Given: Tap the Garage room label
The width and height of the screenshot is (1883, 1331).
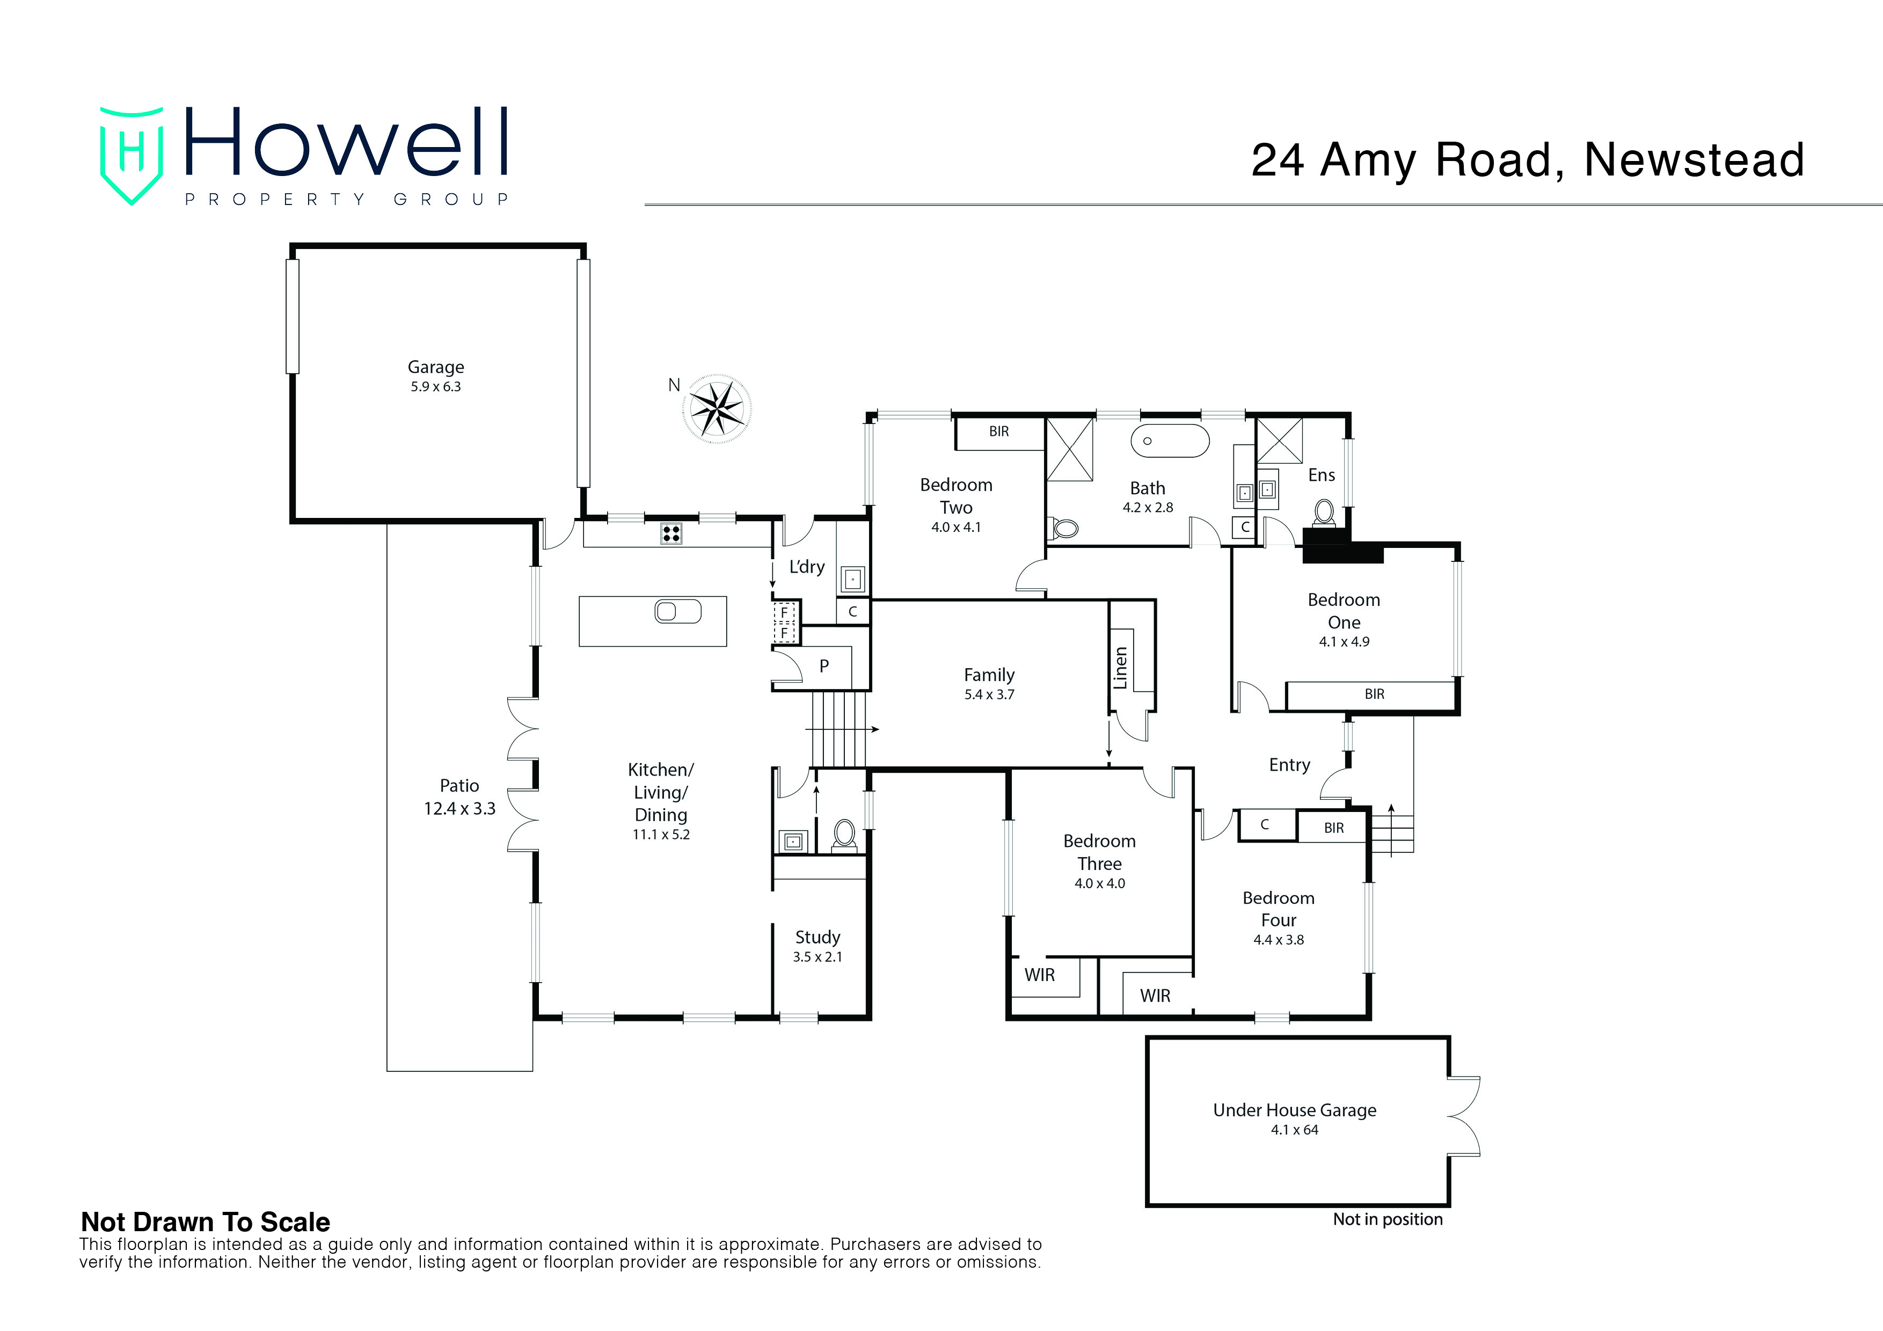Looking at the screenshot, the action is click(435, 368).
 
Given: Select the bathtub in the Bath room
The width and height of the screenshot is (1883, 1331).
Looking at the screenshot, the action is click(1170, 441).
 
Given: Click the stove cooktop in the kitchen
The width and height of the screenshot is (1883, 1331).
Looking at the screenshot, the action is click(671, 534).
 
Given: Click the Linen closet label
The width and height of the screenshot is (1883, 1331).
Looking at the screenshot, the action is click(1120, 668).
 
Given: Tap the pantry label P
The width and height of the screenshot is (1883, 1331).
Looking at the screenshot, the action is click(824, 667).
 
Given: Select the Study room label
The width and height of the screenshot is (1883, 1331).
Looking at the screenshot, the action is click(818, 938).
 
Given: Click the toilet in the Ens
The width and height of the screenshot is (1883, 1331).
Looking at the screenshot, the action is click(1323, 514).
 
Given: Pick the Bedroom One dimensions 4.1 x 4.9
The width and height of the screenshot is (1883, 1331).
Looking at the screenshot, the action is click(1344, 642).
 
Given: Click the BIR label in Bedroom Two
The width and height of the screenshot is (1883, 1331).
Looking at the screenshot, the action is click(999, 432).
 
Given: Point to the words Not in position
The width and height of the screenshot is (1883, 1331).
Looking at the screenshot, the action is click(1388, 1219).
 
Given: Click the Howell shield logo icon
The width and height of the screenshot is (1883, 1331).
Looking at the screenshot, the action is click(131, 155).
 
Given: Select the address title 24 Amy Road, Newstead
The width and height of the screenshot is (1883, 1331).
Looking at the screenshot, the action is click(1528, 160).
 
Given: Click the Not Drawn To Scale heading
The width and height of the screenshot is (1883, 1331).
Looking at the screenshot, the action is click(206, 1222).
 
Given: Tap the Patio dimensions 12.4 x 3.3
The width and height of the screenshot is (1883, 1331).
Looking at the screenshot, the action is click(459, 809).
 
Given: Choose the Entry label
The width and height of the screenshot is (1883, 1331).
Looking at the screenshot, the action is click(1289, 765).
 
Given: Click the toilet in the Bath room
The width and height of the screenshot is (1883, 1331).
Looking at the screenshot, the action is click(1064, 528).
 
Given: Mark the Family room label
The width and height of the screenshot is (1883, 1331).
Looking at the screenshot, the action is click(989, 676).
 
